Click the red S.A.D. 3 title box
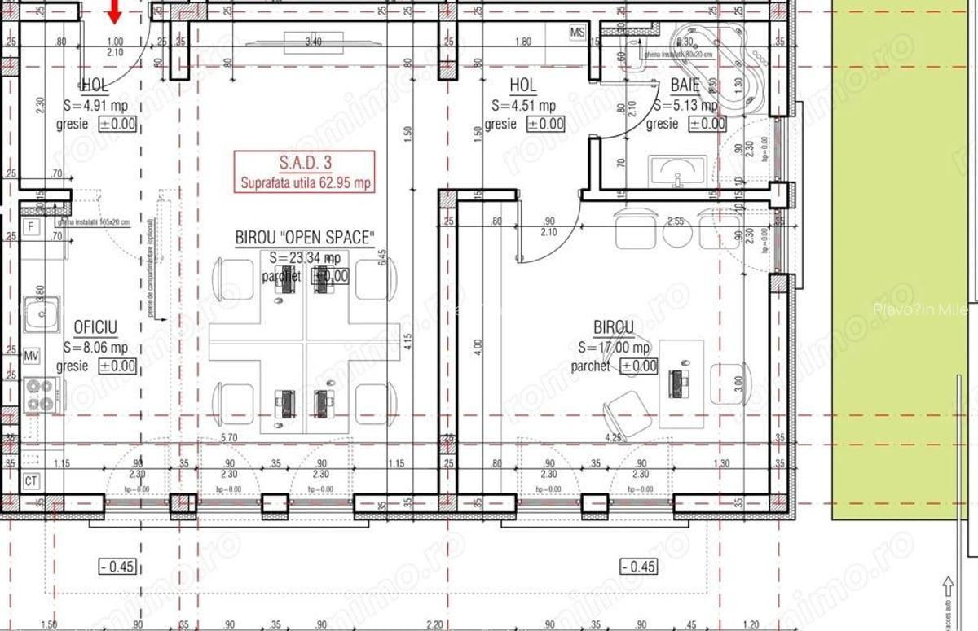(x=305, y=172)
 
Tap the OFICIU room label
(x=95, y=327)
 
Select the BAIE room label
(x=685, y=85)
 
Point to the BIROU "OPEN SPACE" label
(x=305, y=238)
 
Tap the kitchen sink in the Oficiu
(x=41, y=314)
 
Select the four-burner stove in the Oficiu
(x=40, y=394)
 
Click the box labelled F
(x=31, y=226)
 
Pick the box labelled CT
(x=31, y=480)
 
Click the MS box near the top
(x=578, y=33)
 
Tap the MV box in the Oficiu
(x=32, y=357)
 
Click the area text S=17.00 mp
(x=613, y=348)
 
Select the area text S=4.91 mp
(x=99, y=104)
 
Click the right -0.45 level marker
(x=637, y=567)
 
